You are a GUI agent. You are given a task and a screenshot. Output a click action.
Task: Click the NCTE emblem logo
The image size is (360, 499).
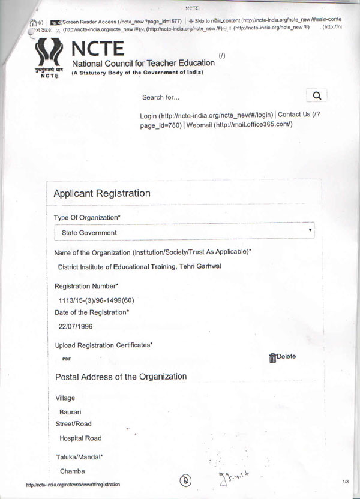coord(50,58)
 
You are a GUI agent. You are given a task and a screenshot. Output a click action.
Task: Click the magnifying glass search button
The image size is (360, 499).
coord(317,95)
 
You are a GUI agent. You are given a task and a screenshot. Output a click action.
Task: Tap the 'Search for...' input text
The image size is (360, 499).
coord(161,97)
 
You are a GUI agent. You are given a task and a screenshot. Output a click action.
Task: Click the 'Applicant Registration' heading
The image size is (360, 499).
coord(102,193)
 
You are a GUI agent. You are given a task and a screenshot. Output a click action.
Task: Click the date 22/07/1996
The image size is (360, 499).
coord(76,326)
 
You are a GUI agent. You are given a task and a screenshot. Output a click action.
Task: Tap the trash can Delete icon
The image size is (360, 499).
coord(272,358)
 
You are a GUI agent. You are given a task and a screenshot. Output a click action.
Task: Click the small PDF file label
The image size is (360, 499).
coord(67,359)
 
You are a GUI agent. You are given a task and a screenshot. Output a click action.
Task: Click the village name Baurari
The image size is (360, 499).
coord(70,412)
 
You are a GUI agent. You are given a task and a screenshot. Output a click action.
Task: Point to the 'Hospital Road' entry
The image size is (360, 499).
coord(80,438)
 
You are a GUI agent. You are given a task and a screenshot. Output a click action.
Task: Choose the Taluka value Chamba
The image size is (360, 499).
coord(72,471)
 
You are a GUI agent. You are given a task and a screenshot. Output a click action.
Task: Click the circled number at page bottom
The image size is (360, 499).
coord(187,481)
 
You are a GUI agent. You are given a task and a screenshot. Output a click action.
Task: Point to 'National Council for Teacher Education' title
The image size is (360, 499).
coord(143,63)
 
